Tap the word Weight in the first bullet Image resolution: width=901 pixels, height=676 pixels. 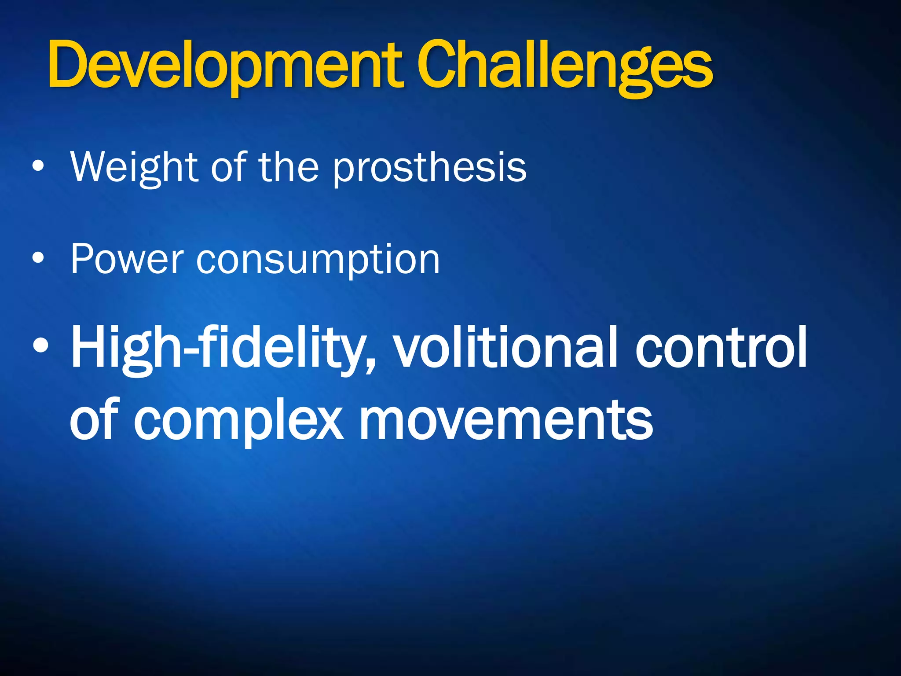(134, 167)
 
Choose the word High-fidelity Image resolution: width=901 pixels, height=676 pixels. (220, 348)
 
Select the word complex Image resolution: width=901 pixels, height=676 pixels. (238, 420)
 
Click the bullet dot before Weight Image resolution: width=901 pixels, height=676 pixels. (38, 166)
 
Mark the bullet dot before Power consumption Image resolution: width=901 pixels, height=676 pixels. (38, 258)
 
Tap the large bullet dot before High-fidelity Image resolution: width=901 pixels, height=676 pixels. (40, 346)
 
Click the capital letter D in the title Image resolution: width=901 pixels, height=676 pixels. (66, 65)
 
